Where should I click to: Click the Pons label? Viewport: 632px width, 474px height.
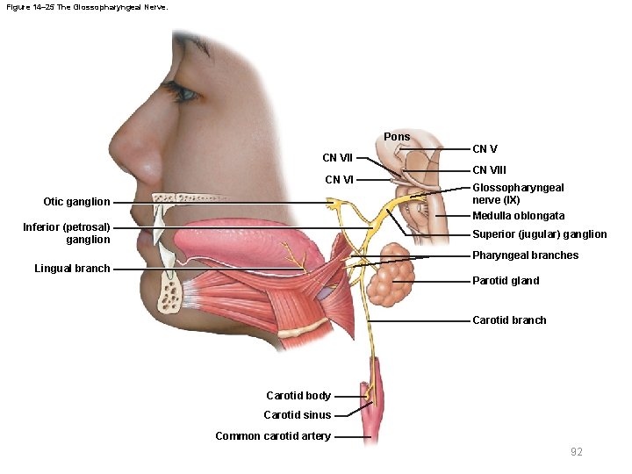pyautogui.click(x=397, y=137)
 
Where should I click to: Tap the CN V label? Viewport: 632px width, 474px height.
pyautogui.click(x=485, y=149)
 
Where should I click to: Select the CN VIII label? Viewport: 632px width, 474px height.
pyautogui.click(x=489, y=170)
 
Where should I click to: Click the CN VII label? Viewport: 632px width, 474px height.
pyautogui.click(x=337, y=159)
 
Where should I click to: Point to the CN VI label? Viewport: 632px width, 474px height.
pyautogui.click(x=339, y=180)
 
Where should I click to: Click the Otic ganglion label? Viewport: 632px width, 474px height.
pyautogui.click(x=76, y=202)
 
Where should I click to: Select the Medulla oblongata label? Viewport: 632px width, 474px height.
pyautogui.click(x=518, y=216)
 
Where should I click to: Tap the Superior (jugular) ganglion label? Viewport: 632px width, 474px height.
pyautogui.click(x=539, y=234)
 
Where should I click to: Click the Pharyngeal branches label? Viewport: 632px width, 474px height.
pyautogui.click(x=525, y=255)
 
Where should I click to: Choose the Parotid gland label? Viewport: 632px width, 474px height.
pyautogui.click(x=506, y=281)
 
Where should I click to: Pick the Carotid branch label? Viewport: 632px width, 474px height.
pyautogui.click(x=509, y=320)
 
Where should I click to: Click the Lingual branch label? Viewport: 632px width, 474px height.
pyautogui.click(x=72, y=269)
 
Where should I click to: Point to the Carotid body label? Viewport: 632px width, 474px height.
pyautogui.click(x=298, y=396)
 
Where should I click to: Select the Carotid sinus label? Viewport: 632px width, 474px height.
pyautogui.click(x=298, y=415)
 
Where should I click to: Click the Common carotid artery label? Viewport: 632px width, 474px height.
pyautogui.click(x=273, y=436)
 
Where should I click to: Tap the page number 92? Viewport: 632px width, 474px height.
pyautogui.click(x=577, y=452)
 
